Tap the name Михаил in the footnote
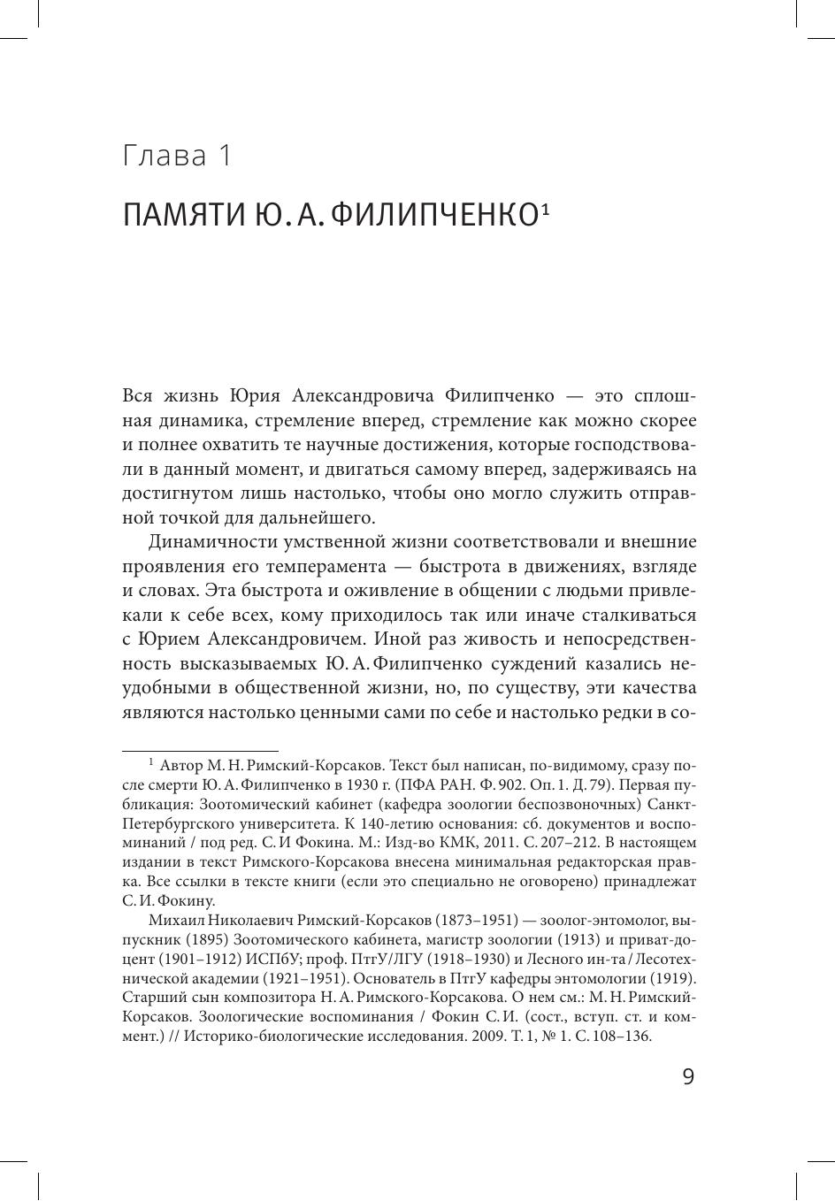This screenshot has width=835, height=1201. [x=176, y=922]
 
